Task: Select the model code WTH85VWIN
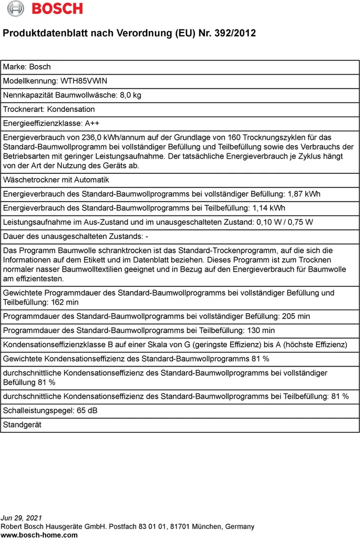click(x=84, y=81)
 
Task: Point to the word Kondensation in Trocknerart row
click(x=71, y=109)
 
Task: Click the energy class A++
click(x=92, y=123)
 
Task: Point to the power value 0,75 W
click(x=300, y=223)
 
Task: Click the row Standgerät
click(x=22, y=425)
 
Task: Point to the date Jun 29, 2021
click(x=22, y=518)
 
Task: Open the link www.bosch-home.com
click(x=39, y=535)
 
